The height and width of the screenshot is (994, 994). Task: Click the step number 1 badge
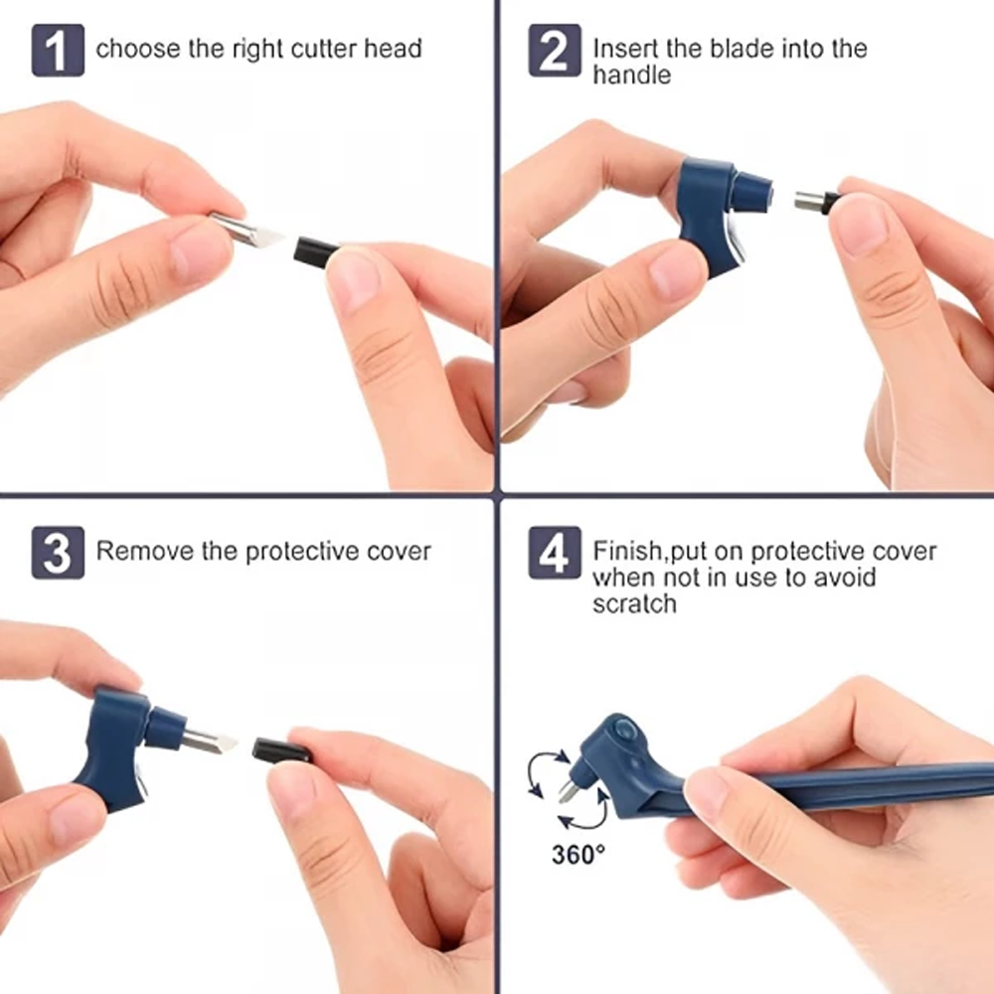[57, 51]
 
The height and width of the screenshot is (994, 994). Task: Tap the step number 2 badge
[554, 51]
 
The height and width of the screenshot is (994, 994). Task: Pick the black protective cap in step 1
[316, 248]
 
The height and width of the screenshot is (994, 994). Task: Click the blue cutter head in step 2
[719, 212]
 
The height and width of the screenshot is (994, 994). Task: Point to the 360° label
[578, 853]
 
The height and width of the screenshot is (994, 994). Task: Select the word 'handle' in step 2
[631, 76]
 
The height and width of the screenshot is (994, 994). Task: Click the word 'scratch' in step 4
[634, 603]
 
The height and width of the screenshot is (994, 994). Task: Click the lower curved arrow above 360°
[580, 816]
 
